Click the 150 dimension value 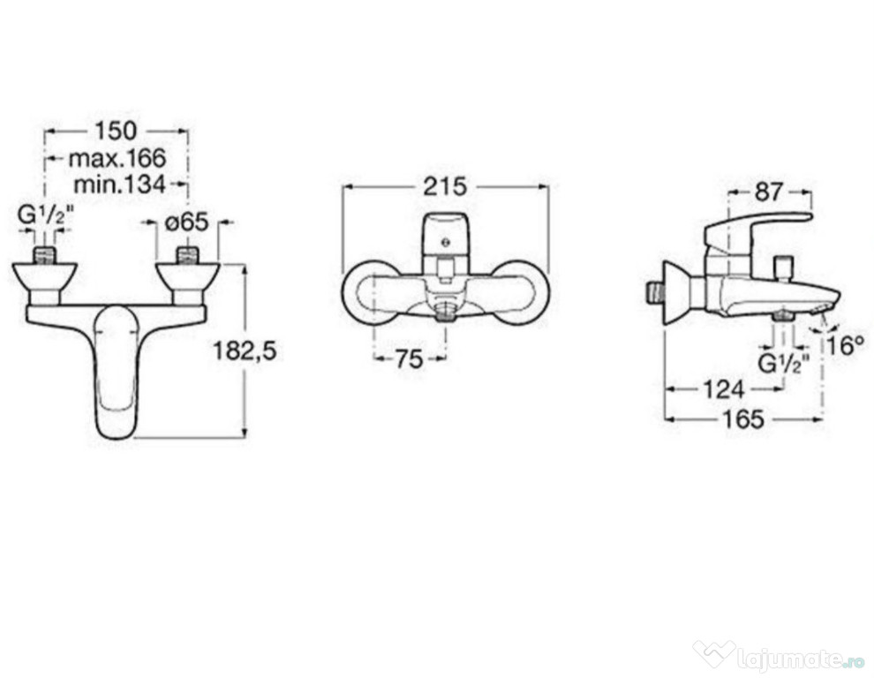coord(116,131)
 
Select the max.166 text coord(117,158)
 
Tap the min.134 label coord(120,184)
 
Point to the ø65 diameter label coord(187,222)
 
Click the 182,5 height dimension coord(245,351)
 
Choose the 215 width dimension coord(445,187)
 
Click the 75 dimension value coord(410,359)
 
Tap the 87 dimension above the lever coord(769,192)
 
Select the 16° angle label coord(846,346)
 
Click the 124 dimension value coord(724,389)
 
